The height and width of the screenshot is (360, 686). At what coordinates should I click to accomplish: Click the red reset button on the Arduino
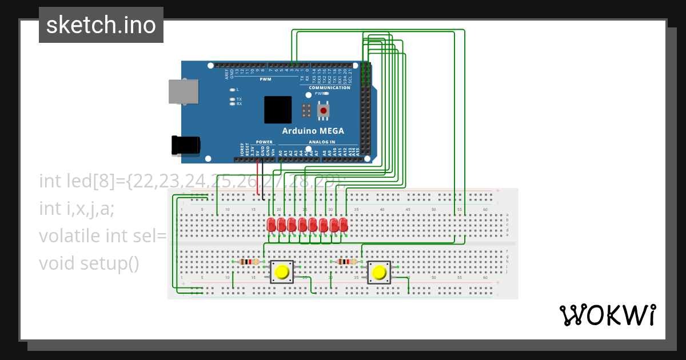[324, 110]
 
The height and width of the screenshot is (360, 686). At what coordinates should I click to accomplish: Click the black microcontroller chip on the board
[278, 110]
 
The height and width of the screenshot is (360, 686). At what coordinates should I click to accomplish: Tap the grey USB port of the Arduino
[184, 91]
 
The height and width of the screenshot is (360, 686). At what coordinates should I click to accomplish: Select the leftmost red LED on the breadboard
[271, 225]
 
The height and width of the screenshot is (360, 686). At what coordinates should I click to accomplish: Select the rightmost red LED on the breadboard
[344, 225]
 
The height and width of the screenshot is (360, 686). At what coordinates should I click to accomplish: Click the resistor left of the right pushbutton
[346, 262]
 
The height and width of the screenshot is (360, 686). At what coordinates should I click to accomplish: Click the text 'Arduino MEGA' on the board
[313, 131]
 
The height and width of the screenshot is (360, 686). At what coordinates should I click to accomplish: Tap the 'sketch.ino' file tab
[101, 25]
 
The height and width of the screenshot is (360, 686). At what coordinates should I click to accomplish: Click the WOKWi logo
[607, 315]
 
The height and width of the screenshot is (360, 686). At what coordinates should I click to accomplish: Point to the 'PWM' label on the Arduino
[265, 79]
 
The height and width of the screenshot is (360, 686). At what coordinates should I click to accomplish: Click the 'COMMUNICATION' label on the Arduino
[329, 87]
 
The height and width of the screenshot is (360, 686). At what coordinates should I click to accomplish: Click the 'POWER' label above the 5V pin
[264, 142]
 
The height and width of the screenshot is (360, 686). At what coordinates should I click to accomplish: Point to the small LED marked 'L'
[232, 90]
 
